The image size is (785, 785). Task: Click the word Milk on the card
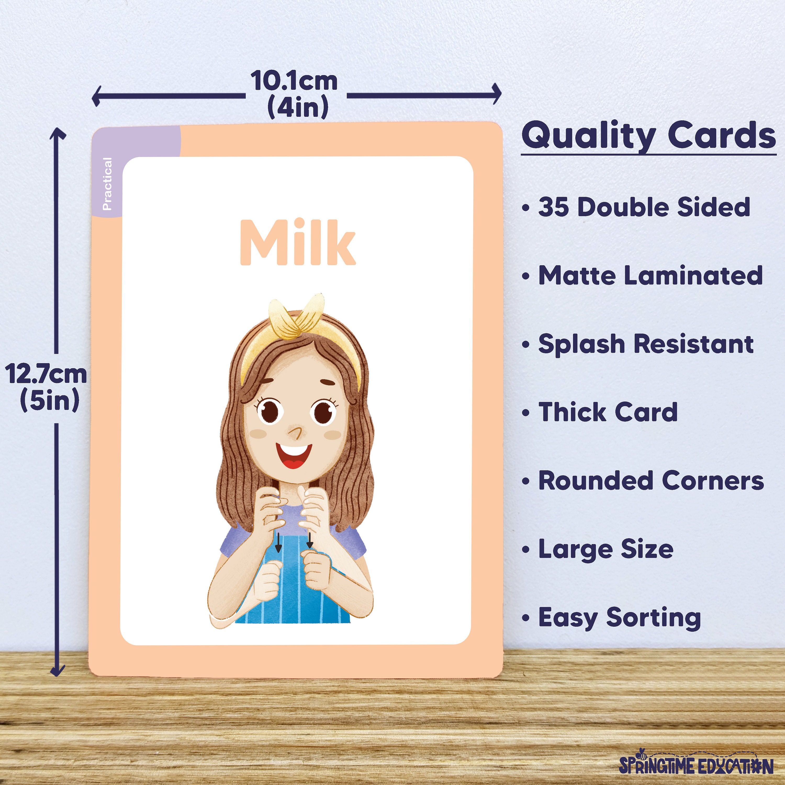coord(298,243)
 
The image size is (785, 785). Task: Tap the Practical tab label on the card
coord(107,184)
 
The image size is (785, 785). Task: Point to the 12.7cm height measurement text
coord(46,374)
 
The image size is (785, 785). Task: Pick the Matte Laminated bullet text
coord(650,276)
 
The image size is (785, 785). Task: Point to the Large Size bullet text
coord(606,549)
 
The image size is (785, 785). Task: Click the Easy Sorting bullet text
coord(620,618)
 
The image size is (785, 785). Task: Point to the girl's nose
coord(296,432)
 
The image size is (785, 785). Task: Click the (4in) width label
coord(298,107)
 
